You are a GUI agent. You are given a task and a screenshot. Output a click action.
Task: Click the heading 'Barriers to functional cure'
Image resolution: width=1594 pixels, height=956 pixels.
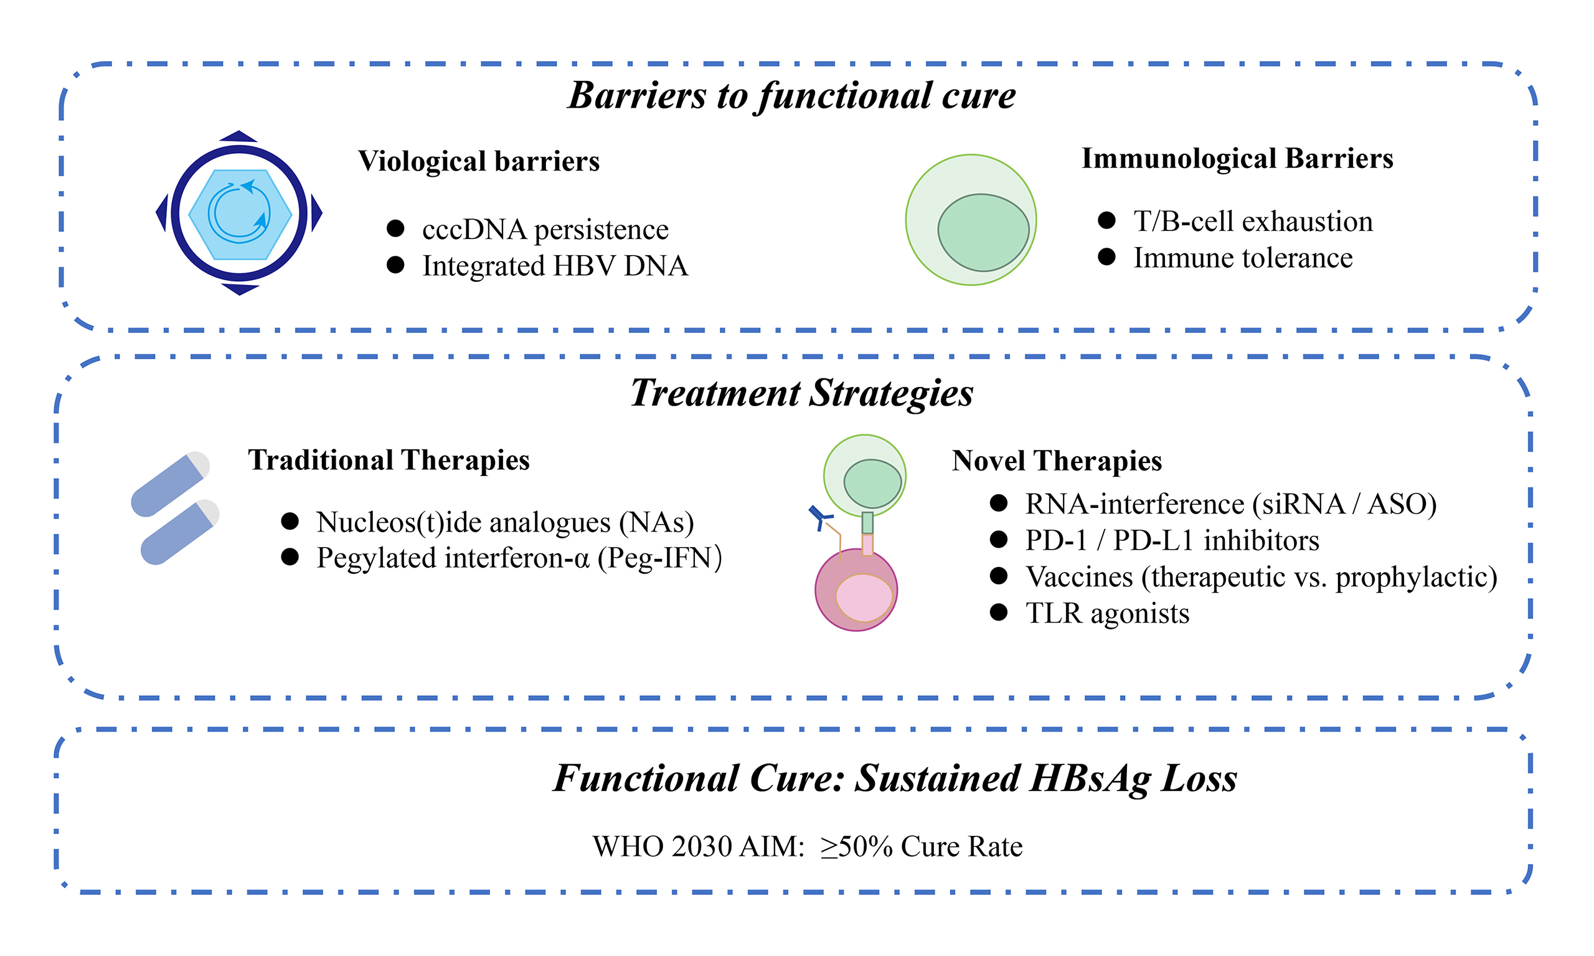click(x=791, y=95)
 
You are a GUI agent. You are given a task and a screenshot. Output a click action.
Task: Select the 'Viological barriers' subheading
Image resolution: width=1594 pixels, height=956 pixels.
click(x=479, y=161)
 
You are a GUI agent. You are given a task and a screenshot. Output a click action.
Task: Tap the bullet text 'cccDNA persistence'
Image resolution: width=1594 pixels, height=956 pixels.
click(x=545, y=229)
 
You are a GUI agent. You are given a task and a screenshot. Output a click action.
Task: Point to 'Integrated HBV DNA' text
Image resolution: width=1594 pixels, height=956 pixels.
click(x=555, y=266)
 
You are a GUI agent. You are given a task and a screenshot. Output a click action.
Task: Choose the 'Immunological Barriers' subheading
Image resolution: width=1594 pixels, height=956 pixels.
click(x=1237, y=159)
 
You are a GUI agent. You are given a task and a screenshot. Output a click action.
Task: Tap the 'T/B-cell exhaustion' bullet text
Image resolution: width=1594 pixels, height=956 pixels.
click(x=1253, y=221)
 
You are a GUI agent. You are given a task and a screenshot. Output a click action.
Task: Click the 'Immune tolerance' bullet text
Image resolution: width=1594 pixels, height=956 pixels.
click(x=1243, y=258)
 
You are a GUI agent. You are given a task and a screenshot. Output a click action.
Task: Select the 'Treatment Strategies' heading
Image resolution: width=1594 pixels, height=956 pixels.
click(x=801, y=393)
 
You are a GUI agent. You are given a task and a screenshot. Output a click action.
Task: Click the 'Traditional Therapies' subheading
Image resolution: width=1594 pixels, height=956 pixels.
click(x=389, y=460)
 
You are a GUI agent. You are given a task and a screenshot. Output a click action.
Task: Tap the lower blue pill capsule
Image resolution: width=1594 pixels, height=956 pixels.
click(x=179, y=532)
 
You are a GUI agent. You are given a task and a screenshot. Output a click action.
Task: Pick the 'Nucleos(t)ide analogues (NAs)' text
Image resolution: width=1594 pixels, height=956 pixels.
click(x=504, y=522)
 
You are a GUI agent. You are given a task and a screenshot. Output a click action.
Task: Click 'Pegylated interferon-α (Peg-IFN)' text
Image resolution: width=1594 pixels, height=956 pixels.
click(x=519, y=558)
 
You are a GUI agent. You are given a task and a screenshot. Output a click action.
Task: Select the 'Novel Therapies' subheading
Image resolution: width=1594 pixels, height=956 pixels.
click(x=1057, y=461)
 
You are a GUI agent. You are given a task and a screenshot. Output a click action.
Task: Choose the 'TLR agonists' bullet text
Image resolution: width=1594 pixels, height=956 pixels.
click(x=1107, y=613)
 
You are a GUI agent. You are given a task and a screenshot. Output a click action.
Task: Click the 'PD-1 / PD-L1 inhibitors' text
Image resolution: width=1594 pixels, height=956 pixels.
click(x=1172, y=540)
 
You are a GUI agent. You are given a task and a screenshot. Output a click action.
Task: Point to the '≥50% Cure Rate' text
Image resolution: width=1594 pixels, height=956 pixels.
click(x=921, y=846)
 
